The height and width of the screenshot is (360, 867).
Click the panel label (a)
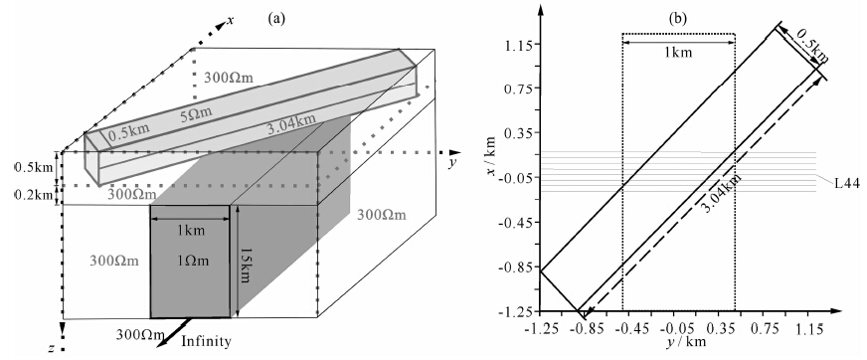point(276,19)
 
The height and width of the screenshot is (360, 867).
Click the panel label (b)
point(678,19)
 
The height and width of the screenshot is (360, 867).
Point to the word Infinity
point(206,342)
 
